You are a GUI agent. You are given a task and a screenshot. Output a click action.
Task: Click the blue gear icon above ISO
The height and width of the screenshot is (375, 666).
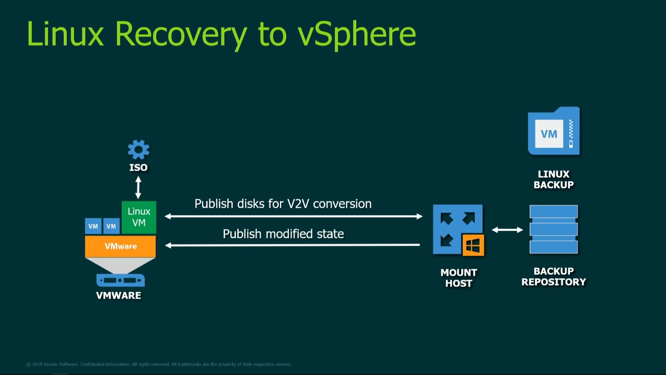click(x=138, y=149)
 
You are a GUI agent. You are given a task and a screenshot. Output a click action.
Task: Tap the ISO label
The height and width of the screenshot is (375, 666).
click(x=138, y=168)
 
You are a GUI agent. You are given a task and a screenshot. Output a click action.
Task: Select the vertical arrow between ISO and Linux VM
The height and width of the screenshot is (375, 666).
click(x=138, y=187)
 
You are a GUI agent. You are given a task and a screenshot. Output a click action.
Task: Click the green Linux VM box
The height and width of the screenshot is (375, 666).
click(x=139, y=217)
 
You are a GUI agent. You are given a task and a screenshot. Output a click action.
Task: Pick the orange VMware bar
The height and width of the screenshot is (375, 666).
click(x=121, y=246)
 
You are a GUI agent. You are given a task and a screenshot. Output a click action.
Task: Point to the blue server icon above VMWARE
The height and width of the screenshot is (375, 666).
click(x=121, y=280)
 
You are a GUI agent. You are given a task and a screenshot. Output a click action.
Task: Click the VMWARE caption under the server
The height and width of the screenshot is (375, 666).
click(x=119, y=296)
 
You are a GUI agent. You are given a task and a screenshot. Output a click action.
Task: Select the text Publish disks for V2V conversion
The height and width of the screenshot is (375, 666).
click(x=283, y=204)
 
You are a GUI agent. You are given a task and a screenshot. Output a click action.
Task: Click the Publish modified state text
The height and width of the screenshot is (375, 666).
click(x=283, y=234)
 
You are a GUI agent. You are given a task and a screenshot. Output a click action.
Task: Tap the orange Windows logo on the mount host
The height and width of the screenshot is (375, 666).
click(x=473, y=245)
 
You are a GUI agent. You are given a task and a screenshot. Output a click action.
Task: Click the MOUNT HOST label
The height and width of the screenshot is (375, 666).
click(x=459, y=278)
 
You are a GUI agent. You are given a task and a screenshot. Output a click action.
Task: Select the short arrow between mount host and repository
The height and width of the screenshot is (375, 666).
click(x=507, y=230)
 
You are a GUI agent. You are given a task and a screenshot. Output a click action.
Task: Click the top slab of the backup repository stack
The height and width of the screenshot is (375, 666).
click(x=554, y=212)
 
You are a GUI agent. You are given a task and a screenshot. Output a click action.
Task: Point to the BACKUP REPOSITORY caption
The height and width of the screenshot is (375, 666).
click(x=554, y=277)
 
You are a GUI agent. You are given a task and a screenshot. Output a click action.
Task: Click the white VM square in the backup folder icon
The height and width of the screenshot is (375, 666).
click(x=549, y=134)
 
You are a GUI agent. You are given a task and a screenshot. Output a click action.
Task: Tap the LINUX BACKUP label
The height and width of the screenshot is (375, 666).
click(x=554, y=179)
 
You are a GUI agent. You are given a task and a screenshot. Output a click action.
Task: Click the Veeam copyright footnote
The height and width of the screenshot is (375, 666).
click(x=159, y=365)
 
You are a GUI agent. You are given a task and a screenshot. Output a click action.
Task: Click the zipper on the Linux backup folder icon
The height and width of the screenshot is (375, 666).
click(x=571, y=134)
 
